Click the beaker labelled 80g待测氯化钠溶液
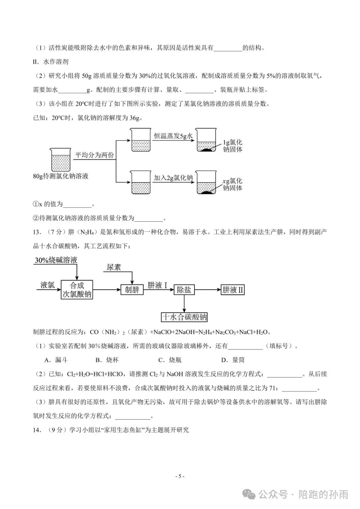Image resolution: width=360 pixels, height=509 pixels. click(61, 160)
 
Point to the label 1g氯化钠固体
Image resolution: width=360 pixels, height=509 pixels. click(232, 146)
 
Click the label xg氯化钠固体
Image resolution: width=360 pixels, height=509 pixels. click(232, 184)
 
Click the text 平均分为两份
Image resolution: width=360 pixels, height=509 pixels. click(94, 155)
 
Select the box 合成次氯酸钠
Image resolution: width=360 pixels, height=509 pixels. click(77, 290)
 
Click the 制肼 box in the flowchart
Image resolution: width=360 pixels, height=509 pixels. click(132, 290)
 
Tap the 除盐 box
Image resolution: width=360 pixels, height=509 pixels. click(184, 290)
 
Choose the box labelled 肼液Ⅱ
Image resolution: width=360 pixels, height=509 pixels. click(233, 290)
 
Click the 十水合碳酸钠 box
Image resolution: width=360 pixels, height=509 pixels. click(184, 317)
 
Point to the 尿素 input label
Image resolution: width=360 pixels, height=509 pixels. click(114, 267)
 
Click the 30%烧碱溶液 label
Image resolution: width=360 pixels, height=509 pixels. click(56, 260)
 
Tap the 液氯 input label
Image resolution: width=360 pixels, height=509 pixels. click(47, 285)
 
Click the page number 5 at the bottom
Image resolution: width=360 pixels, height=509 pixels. click(180, 476)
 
